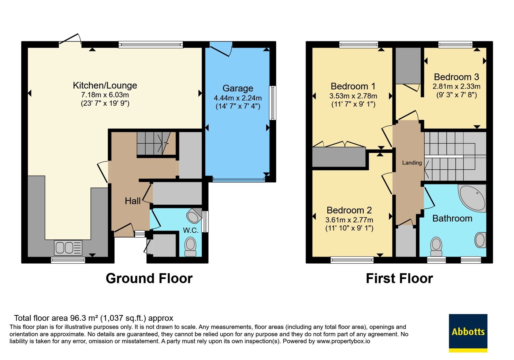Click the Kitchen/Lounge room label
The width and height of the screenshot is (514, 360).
(105, 85)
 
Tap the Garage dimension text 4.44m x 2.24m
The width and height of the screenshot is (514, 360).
(238, 98)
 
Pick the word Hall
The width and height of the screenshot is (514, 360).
(133, 201)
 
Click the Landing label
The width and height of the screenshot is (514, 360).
(412, 163)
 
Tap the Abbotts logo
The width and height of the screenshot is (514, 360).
(468, 333)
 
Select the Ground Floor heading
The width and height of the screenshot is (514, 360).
(149, 278)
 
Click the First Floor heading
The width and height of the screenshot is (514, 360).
(400, 278)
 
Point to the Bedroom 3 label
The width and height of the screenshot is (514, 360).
(456, 77)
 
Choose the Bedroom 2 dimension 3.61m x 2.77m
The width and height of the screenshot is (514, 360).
(349, 220)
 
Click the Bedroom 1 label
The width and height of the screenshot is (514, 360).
(353, 86)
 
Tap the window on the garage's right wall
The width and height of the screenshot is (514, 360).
(273, 103)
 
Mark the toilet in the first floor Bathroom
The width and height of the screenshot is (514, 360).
(436, 247)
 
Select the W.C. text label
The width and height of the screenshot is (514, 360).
(191, 230)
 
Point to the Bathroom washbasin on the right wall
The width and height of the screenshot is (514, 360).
(481, 240)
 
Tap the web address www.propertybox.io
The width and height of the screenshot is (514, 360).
(343, 341)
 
